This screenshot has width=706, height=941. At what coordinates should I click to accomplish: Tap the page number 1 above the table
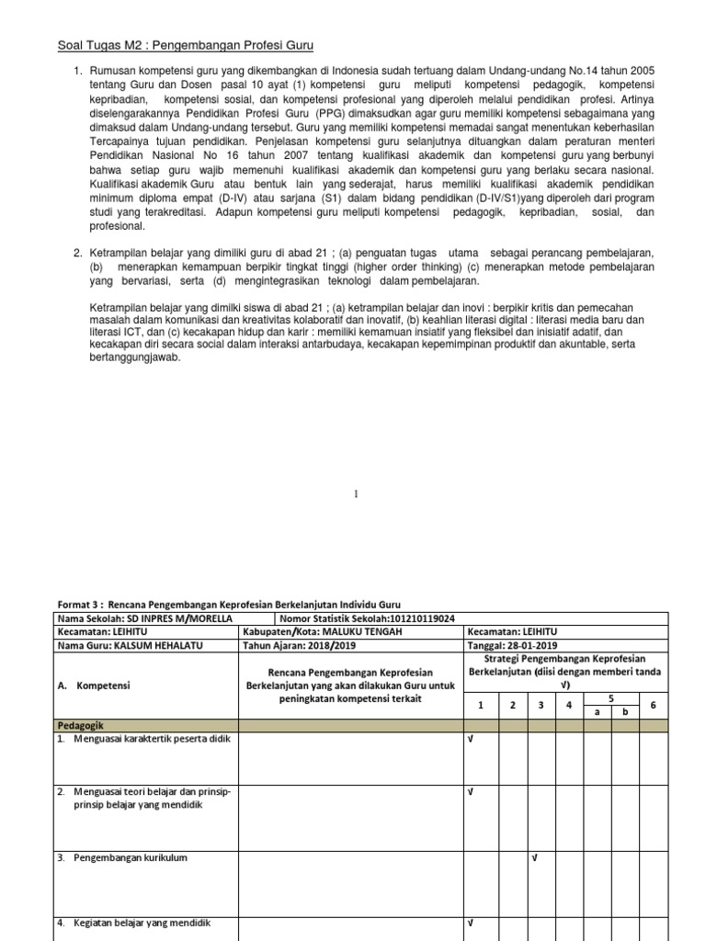point(357,493)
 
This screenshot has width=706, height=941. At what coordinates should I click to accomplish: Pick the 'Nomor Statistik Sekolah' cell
point(363,618)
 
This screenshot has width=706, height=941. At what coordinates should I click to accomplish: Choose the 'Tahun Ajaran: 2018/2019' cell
point(287,645)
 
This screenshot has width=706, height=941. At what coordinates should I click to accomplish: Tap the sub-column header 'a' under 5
point(598,711)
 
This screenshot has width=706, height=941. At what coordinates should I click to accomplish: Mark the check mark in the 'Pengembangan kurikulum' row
point(534,858)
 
